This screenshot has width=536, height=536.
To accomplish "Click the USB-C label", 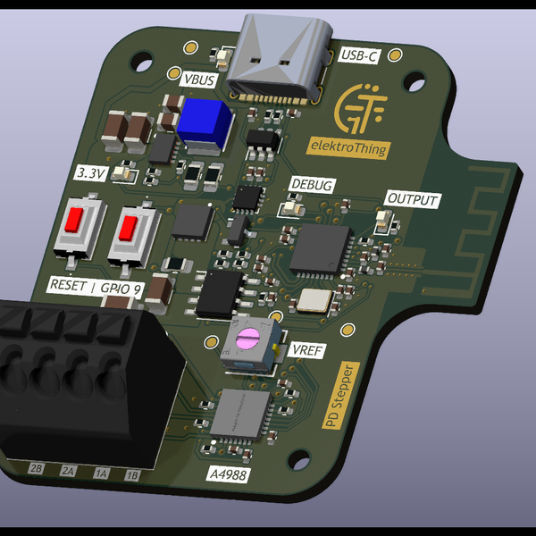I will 361,56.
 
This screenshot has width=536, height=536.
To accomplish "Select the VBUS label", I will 197,80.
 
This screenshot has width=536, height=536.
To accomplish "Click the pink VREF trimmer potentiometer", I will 247,339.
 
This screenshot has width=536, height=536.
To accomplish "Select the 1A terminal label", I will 101,473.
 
